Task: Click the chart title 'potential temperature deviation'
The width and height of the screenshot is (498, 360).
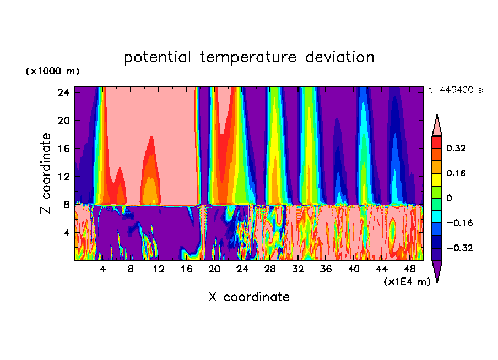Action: [249, 57]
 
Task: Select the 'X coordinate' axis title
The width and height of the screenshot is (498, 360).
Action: [249, 297]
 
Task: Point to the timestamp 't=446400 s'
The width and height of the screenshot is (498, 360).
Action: [455, 90]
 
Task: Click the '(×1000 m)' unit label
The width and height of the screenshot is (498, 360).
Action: [52, 72]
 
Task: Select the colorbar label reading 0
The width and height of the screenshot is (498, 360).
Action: [449, 198]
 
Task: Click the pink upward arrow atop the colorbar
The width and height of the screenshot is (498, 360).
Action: [437, 126]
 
